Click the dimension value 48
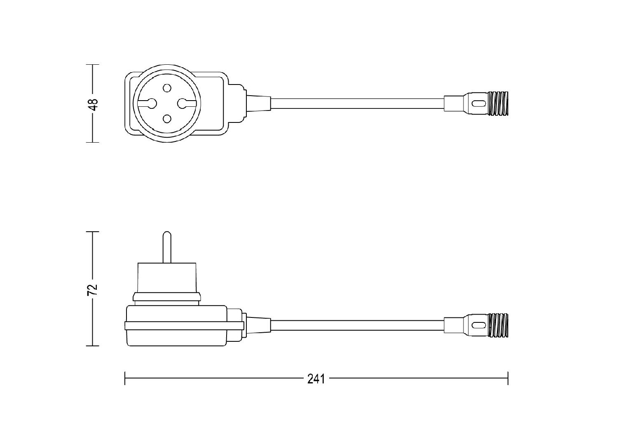pyautogui.click(x=94, y=104)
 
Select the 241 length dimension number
pyautogui.click(x=316, y=379)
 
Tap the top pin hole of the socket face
pyautogui.click(x=166, y=88)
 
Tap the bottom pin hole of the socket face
pyautogui.click(x=166, y=119)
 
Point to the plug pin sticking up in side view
pyautogui.click(x=166, y=247)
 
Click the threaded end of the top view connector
pyautogui.click(x=498, y=103)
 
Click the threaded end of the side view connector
pyautogui.click(x=498, y=325)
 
